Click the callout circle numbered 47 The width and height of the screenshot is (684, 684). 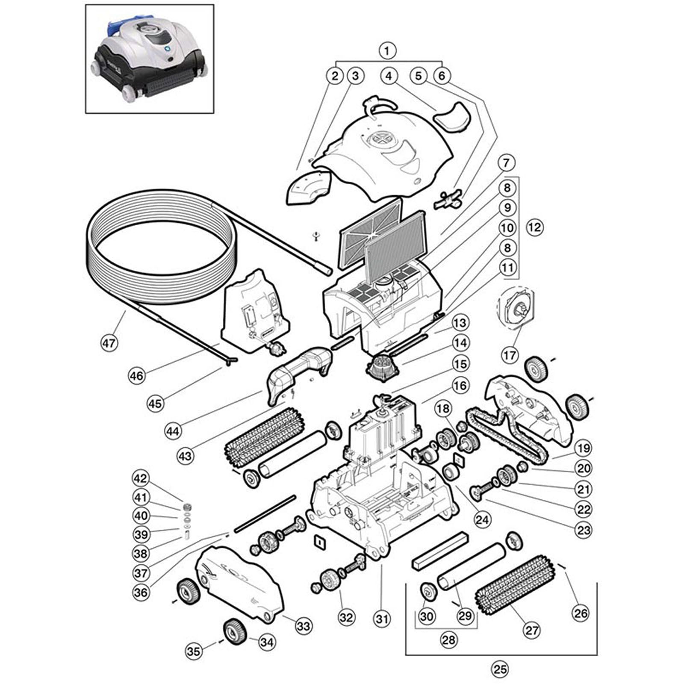coord(109,342)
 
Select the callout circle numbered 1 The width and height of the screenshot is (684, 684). coord(387,51)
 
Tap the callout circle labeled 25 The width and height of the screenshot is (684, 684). coord(500,669)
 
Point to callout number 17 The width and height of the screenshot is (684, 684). coord(509,355)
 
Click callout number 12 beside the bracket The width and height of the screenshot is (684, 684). coord(534,227)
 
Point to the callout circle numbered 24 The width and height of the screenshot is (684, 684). coord(484,519)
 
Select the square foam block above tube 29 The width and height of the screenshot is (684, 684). coord(440,550)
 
